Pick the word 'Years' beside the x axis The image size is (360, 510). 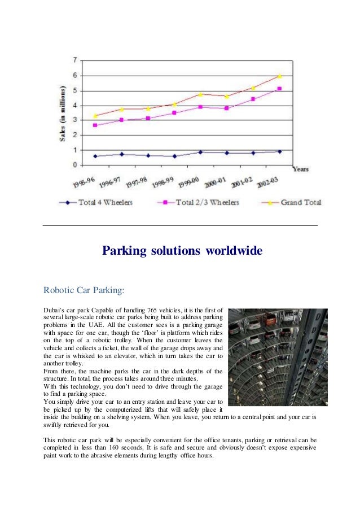click(300, 169)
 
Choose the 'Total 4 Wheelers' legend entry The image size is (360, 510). click(96, 202)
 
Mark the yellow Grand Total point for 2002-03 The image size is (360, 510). click(279, 76)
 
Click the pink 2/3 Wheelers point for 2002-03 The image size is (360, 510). click(279, 89)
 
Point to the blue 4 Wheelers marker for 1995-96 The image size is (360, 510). click(95, 156)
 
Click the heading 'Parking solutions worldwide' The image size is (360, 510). click(182, 250)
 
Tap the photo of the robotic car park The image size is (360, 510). click(278, 357)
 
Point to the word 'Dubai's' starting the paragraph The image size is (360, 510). click(54, 311)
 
